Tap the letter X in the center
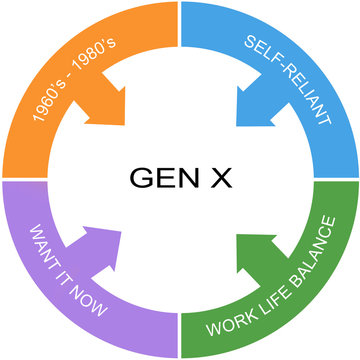click(213, 179)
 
